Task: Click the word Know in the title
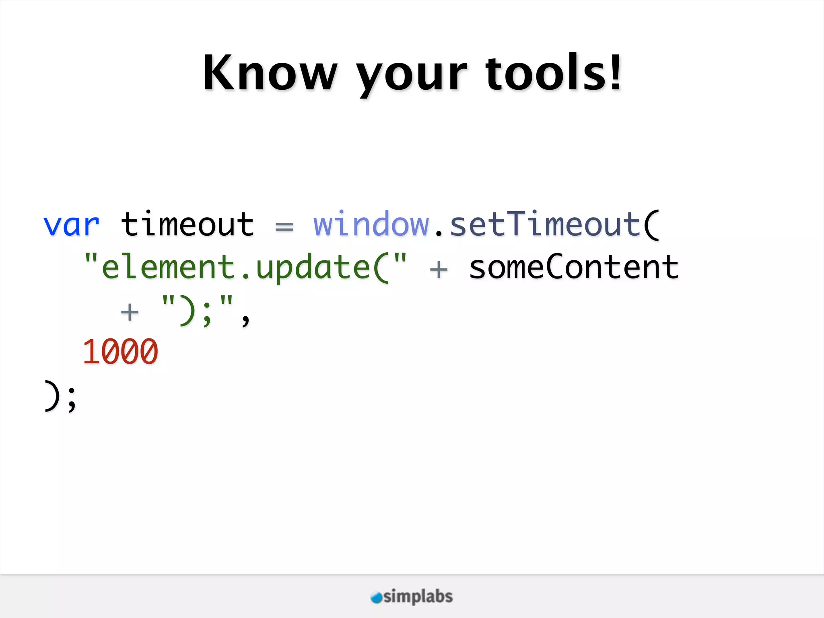coord(270,73)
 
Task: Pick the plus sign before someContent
coord(439,269)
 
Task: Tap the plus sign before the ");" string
coord(130,312)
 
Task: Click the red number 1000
coord(120,352)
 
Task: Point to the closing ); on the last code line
coord(60,396)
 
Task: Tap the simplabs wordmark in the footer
coord(418,596)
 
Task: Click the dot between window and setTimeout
coord(439,233)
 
